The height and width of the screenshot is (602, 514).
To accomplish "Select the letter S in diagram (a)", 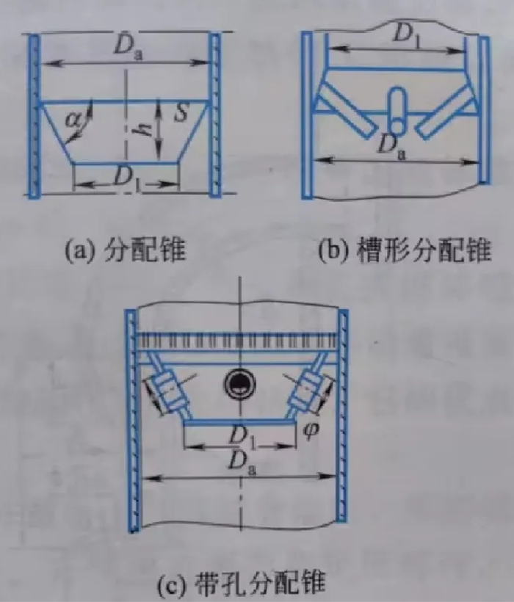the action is (180, 112).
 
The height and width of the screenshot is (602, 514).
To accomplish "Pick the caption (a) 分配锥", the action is (125, 250).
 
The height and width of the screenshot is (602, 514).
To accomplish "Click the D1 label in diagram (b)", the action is (407, 37).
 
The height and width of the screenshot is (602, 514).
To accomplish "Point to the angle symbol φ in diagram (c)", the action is (311, 430).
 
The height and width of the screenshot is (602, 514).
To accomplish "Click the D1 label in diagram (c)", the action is (242, 437).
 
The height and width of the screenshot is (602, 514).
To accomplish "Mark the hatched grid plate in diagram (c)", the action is (237, 341).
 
